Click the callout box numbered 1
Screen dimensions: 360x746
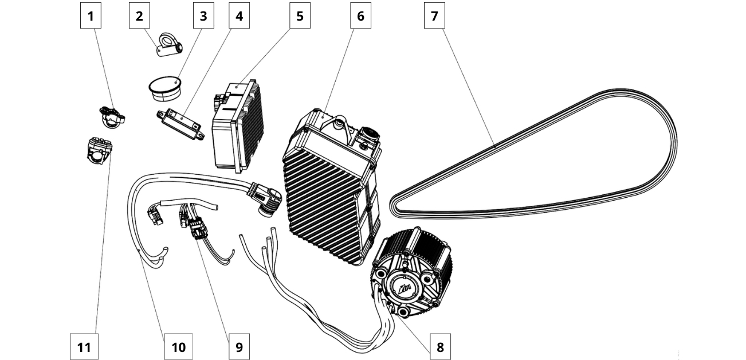(91, 16)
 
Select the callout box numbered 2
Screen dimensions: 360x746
(139, 16)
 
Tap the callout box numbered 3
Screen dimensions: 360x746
(203, 16)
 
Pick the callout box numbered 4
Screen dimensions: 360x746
(239, 16)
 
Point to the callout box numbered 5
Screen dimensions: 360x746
(300, 16)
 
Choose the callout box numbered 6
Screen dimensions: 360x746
(360, 16)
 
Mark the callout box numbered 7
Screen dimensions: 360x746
(434, 16)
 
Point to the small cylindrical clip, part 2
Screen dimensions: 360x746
(169, 48)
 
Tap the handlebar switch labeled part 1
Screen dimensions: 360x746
(112, 115)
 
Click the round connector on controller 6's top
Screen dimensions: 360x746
(367, 136)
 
